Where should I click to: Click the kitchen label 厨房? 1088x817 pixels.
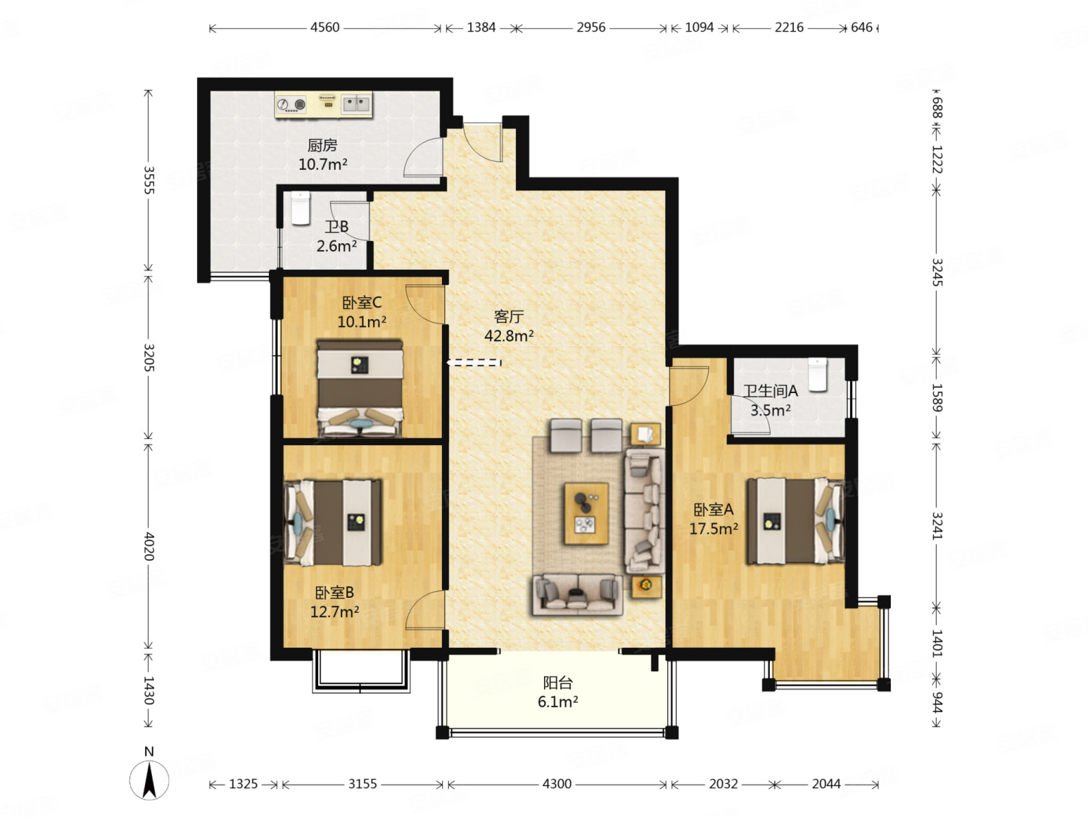click(322, 145)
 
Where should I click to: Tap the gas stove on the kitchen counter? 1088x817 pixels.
click(292, 105)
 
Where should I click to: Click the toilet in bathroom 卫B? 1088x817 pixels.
click(300, 208)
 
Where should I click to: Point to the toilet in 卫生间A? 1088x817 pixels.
click(817, 375)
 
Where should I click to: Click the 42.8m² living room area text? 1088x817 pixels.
click(508, 336)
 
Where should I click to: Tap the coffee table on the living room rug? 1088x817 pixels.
click(586, 514)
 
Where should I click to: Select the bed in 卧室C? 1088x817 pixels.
click(359, 388)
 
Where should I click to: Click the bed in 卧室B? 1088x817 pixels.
click(333, 523)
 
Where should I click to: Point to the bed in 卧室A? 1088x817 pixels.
click(795, 521)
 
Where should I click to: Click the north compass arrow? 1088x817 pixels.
click(149, 780)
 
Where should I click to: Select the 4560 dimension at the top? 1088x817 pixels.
click(324, 27)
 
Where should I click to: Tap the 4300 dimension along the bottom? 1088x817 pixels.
click(556, 783)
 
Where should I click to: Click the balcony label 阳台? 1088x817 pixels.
click(558, 683)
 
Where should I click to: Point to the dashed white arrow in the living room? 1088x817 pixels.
click(474, 362)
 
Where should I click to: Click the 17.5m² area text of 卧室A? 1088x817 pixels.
click(714, 529)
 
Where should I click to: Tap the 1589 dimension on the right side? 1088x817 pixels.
click(936, 397)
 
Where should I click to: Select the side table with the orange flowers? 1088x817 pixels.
click(647, 586)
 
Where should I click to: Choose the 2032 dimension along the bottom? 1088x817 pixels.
click(723, 783)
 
